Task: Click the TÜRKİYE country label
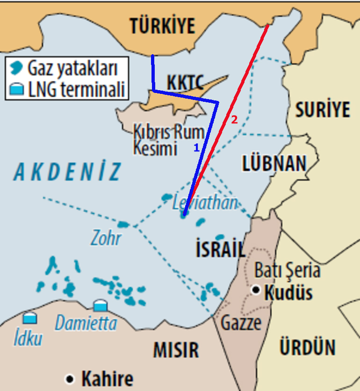pyautogui.click(x=162, y=26)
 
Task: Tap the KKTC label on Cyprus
pyautogui.click(x=186, y=83)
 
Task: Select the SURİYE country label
pyautogui.click(x=322, y=110)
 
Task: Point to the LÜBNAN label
pyautogui.click(x=274, y=164)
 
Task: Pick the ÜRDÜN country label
pyautogui.click(x=307, y=348)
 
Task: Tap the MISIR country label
pyautogui.click(x=176, y=349)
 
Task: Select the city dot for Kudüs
pyautogui.click(x=255, y=290)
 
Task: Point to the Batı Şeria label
pyautogui.click(x=287, y=270)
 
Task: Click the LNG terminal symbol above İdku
pyautogui.click(x=30, y=318)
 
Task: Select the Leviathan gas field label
pyautogui.click(x=205, y=203)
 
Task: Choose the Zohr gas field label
pyautogui.click(x=106, y=238)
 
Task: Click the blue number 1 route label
pyautogui.click(x=196, y=147)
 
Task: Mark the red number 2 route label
pyautogui.click(x=234, y=120)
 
